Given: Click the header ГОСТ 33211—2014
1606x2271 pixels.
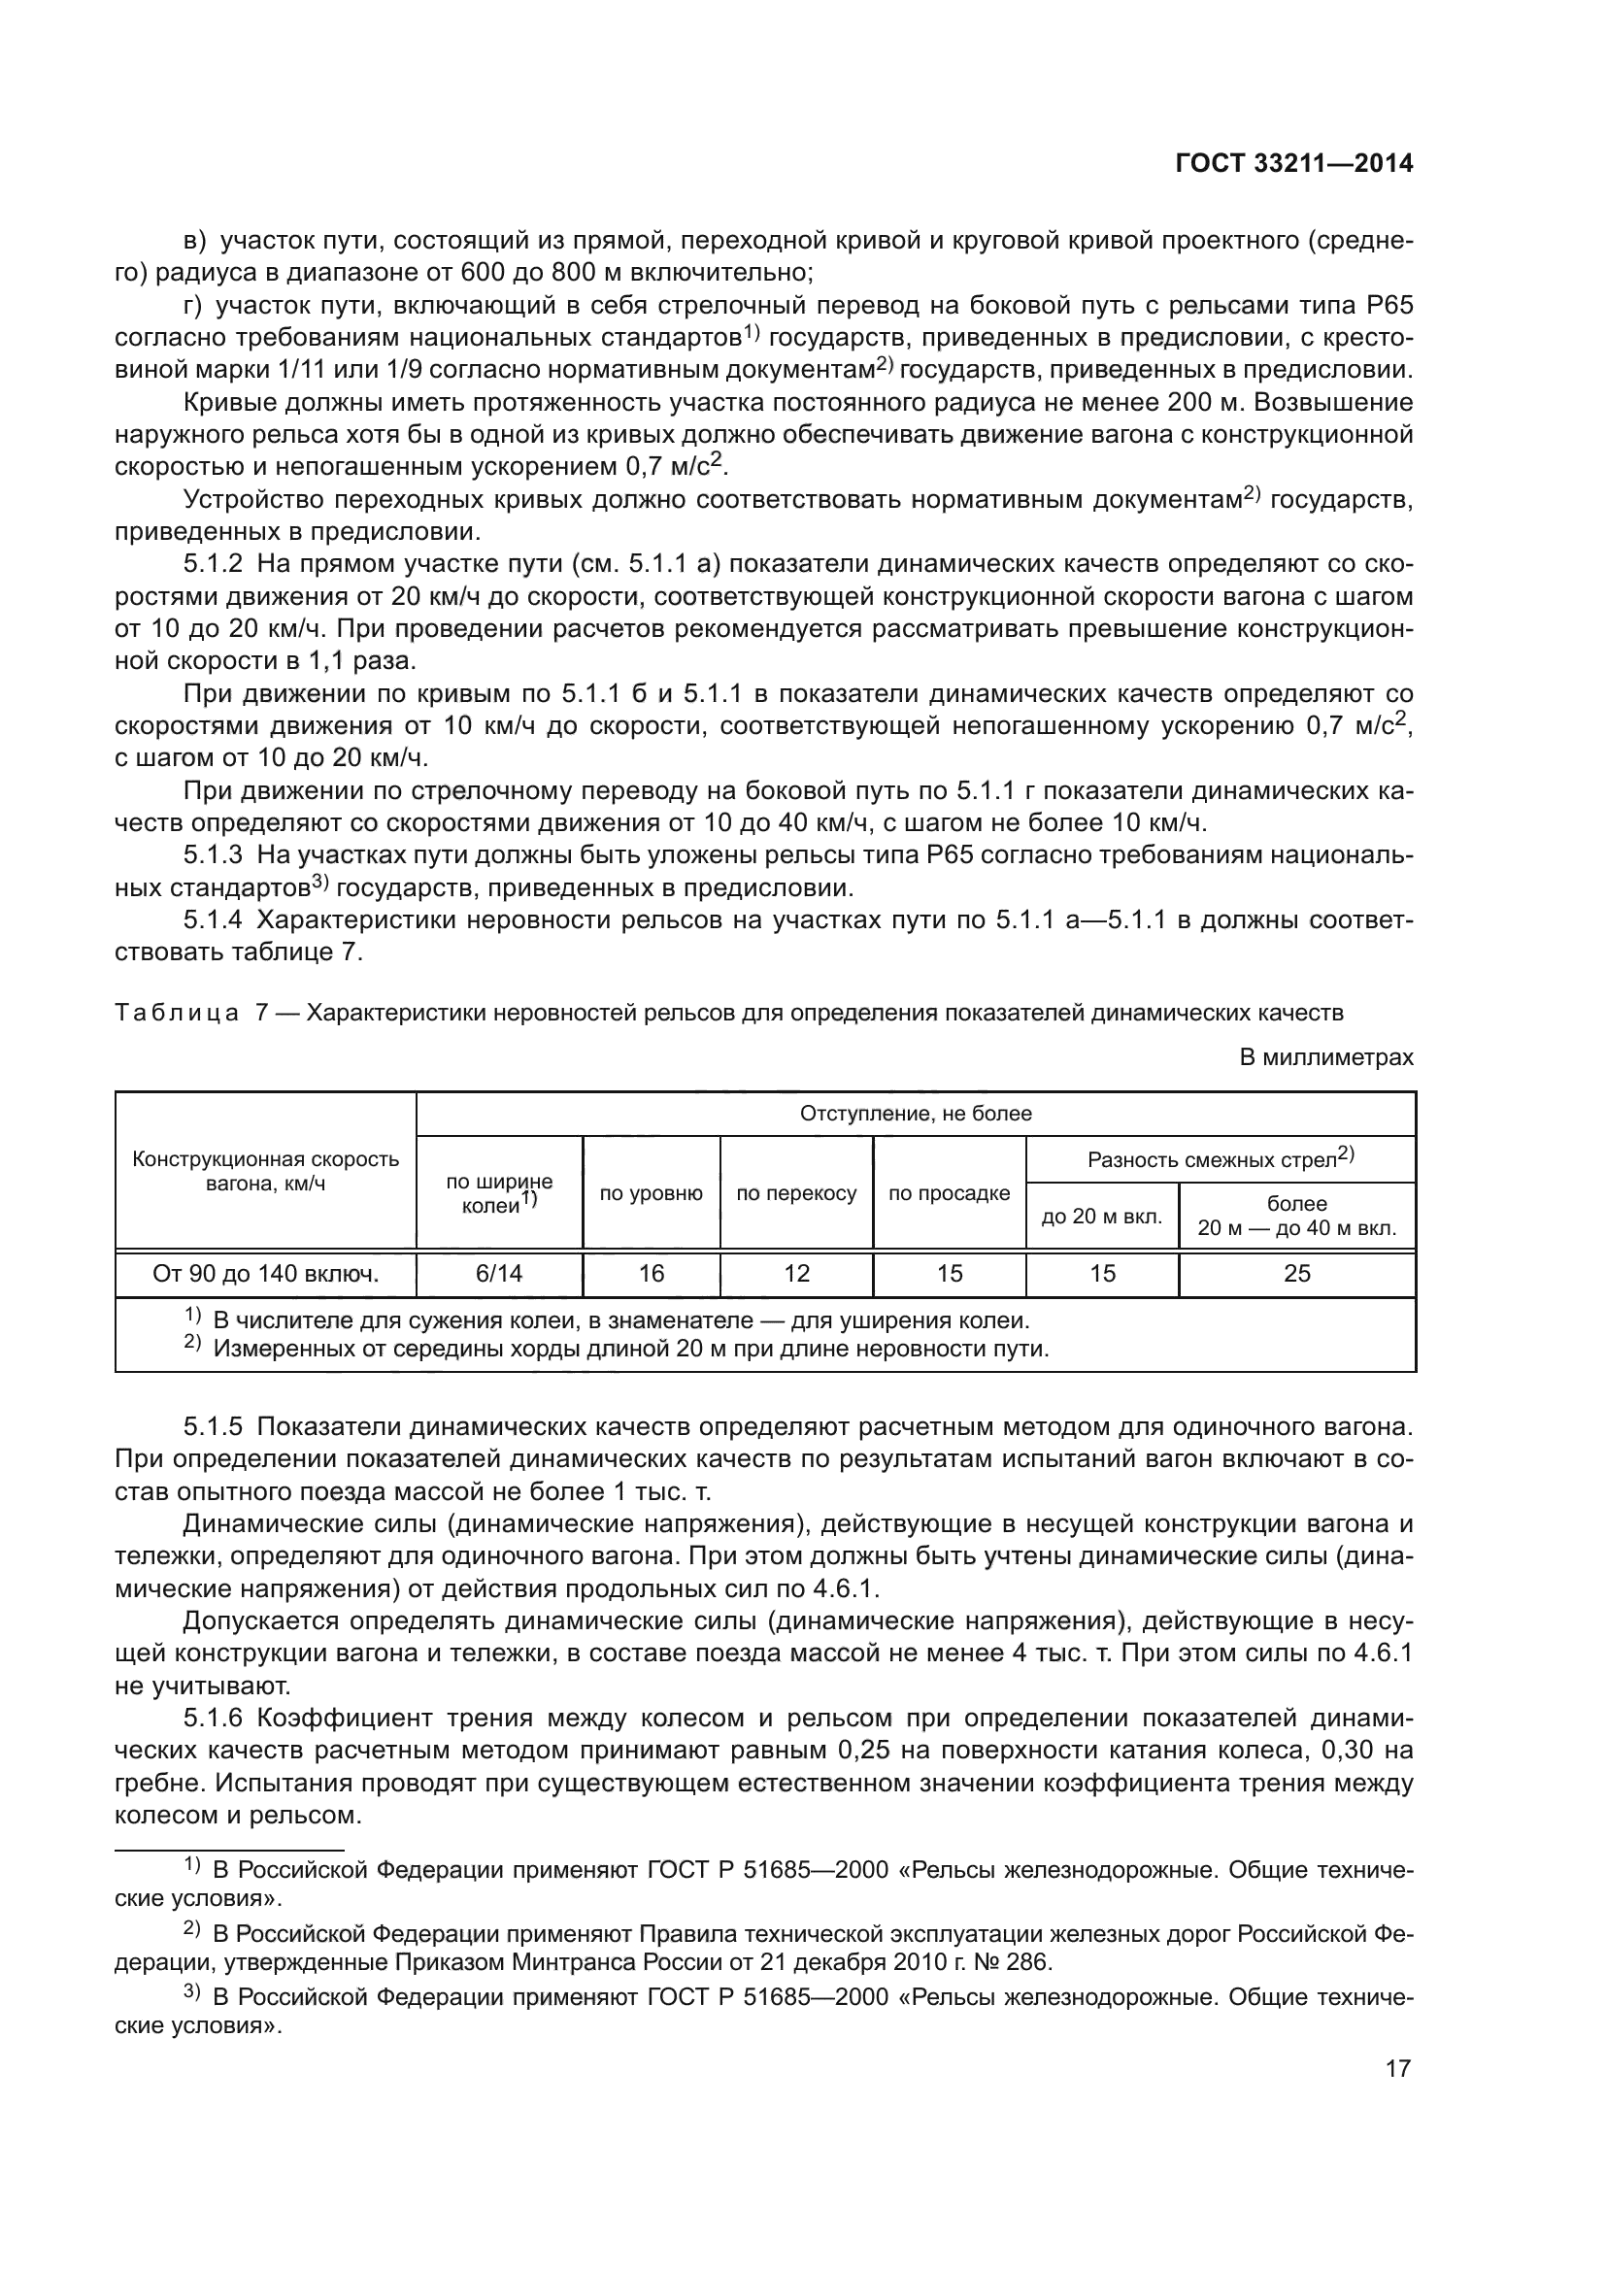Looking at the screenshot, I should click(x=1293, y=164).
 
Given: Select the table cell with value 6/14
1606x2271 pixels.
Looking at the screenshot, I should click(x=498, y=1274).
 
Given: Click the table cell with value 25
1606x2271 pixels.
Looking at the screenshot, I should click(x=1296, y=1274).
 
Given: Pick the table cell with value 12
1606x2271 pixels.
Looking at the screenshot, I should click(x=796, y=1274).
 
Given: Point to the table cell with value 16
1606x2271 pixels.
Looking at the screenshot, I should click(x=651, y=1274).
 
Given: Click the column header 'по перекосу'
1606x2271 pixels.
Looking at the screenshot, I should click(x=796, y=1194).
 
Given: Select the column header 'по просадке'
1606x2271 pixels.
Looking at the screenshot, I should click(x=949, y=1194).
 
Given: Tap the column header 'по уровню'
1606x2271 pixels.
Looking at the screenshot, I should click(x=651, y=1194).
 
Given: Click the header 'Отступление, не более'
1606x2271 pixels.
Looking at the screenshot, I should click(x=915, y=1114).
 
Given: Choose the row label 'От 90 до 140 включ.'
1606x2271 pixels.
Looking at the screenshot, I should click(x=265, y=1274).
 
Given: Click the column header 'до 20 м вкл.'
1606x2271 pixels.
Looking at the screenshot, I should click(x=1102, y=1217).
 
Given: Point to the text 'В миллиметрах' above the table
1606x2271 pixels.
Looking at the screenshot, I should click(x=1326, y=1057).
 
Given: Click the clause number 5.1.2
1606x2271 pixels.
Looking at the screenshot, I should click(x=213, y=565).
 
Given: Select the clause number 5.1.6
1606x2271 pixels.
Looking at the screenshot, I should click(x=213, y=1719).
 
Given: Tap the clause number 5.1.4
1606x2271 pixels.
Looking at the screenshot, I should click(x=213, y=919).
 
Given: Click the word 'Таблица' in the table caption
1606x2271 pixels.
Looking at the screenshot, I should click(x=176, y=1013).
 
